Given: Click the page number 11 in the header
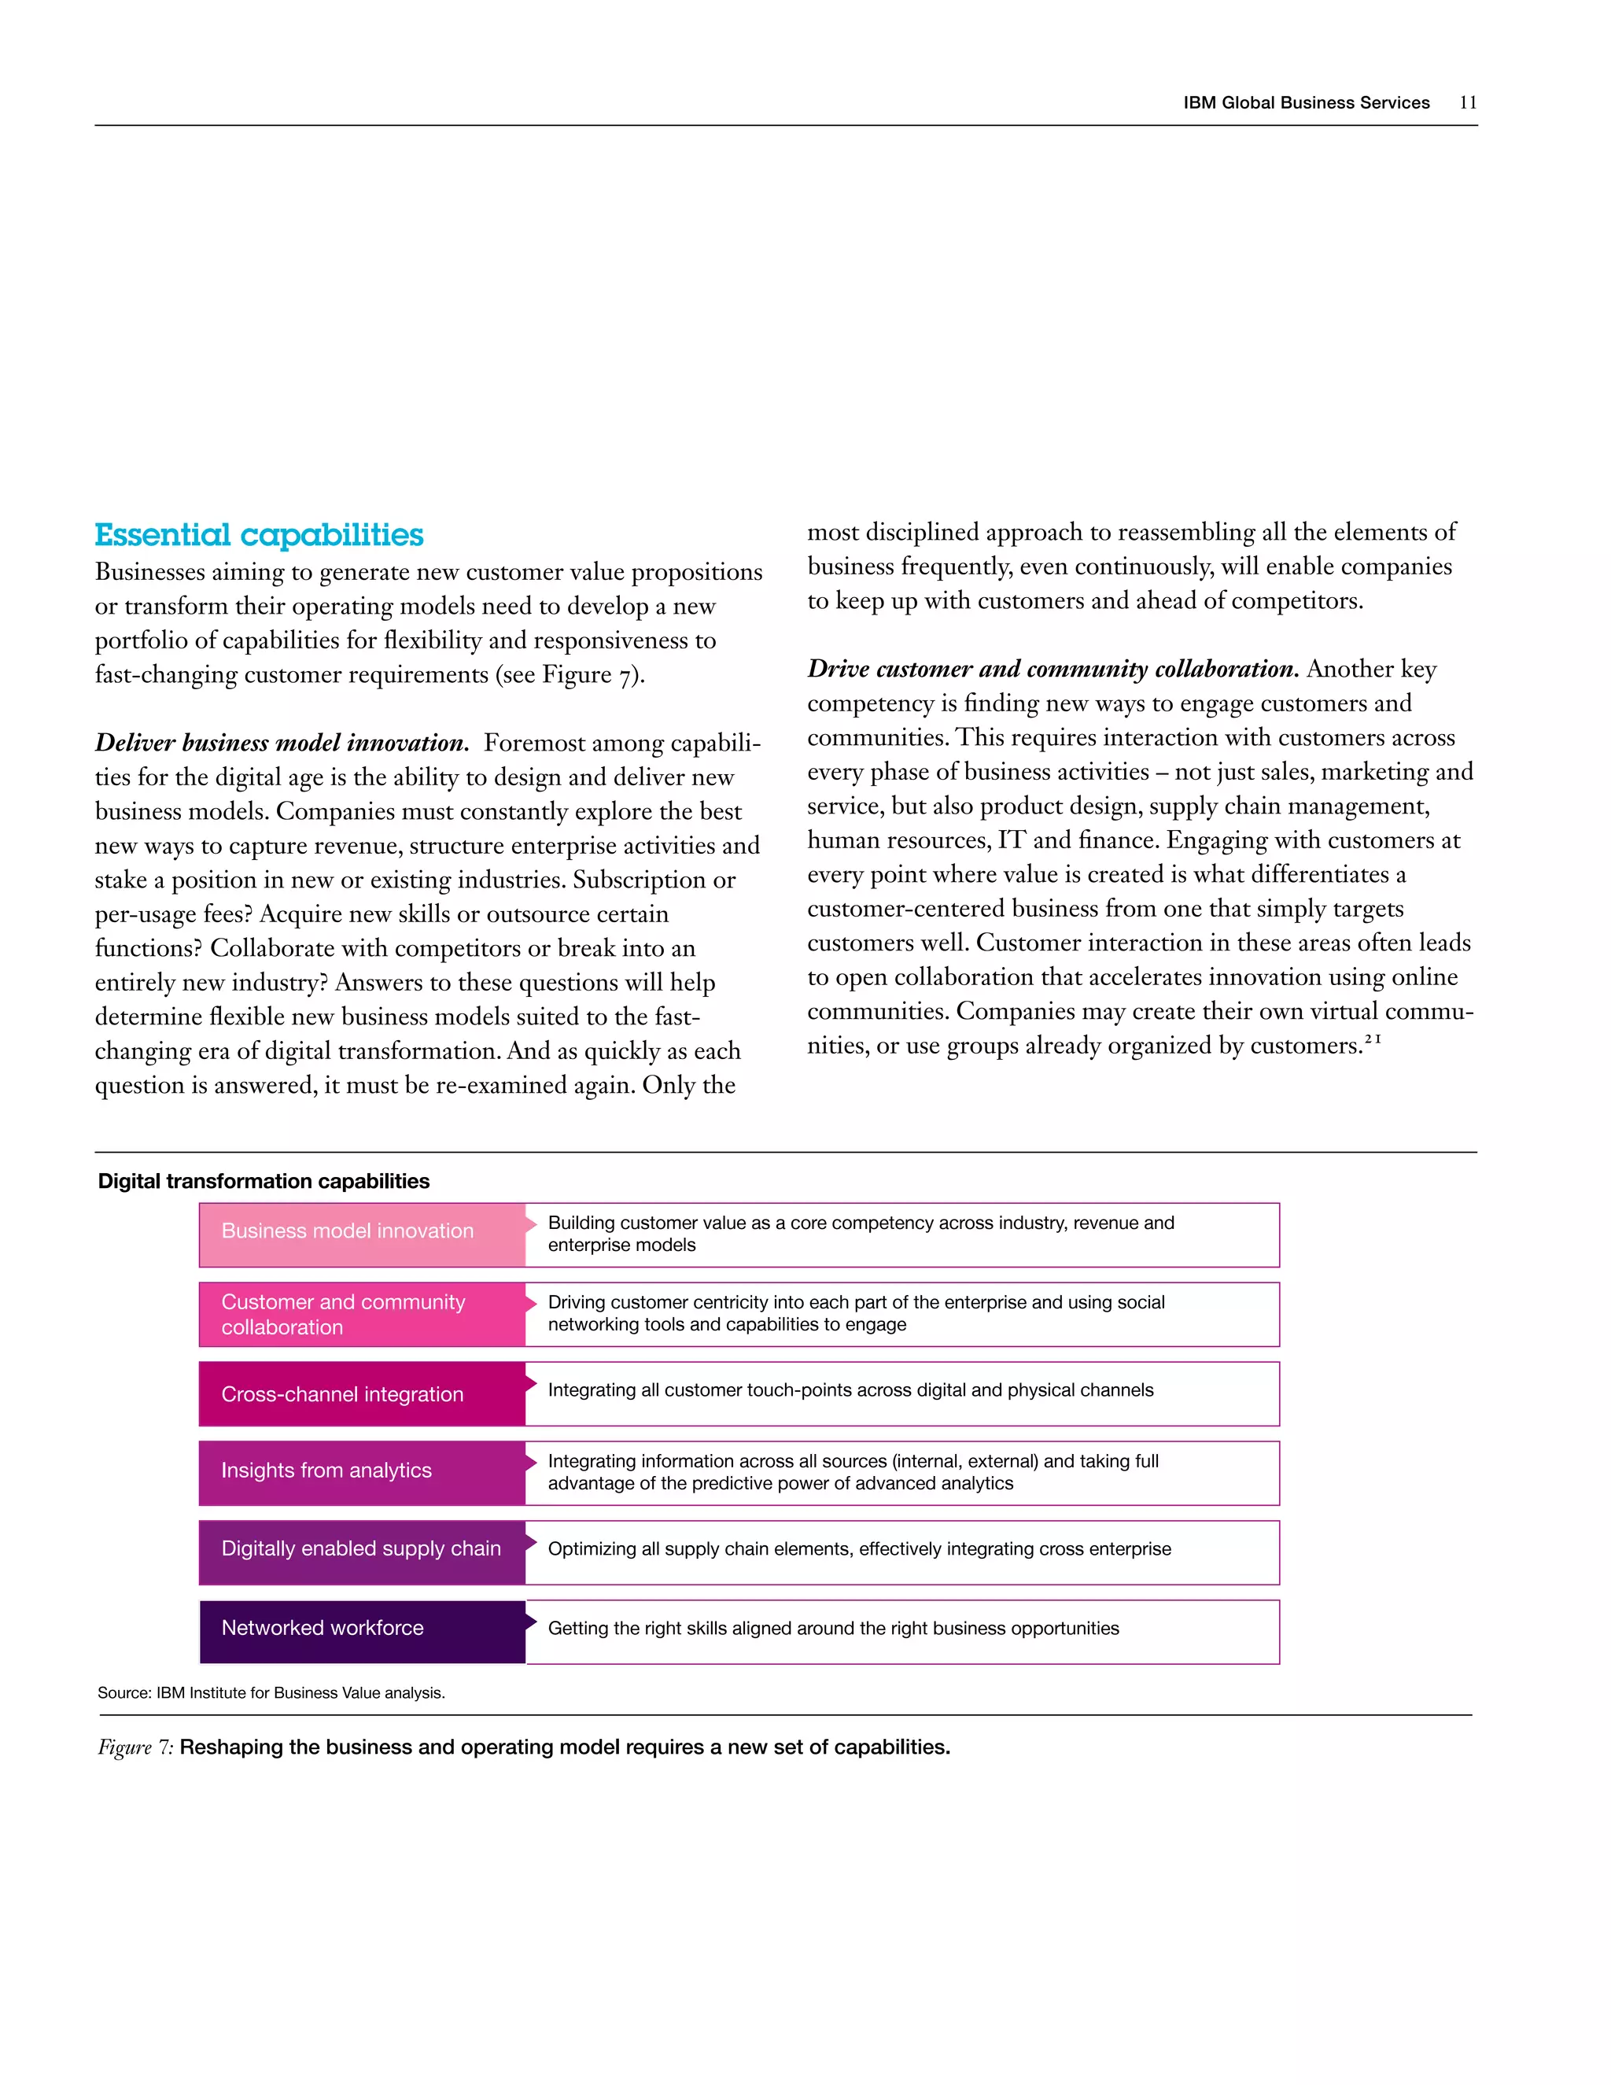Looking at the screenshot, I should tap(1467, 103).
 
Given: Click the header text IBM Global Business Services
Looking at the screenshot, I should tap(1306, 103).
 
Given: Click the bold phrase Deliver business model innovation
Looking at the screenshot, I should tap(282, 743).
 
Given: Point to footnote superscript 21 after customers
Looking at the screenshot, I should tap(1373, 1039).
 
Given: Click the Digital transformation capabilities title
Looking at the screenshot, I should tap(264, 1181).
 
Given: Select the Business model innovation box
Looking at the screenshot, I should tap(361, 1234).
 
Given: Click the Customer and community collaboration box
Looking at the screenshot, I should tap(361, 1315).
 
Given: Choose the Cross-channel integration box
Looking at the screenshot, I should tap(361, 1394).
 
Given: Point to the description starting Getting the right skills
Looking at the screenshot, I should tap(832, 1629).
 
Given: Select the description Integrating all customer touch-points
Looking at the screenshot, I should tap(850, 1390).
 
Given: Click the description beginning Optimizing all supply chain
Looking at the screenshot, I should tap(859, 1549).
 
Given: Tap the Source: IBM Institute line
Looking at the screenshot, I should tap(271, 1692).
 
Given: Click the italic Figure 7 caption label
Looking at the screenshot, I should tap(135, 1747).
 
